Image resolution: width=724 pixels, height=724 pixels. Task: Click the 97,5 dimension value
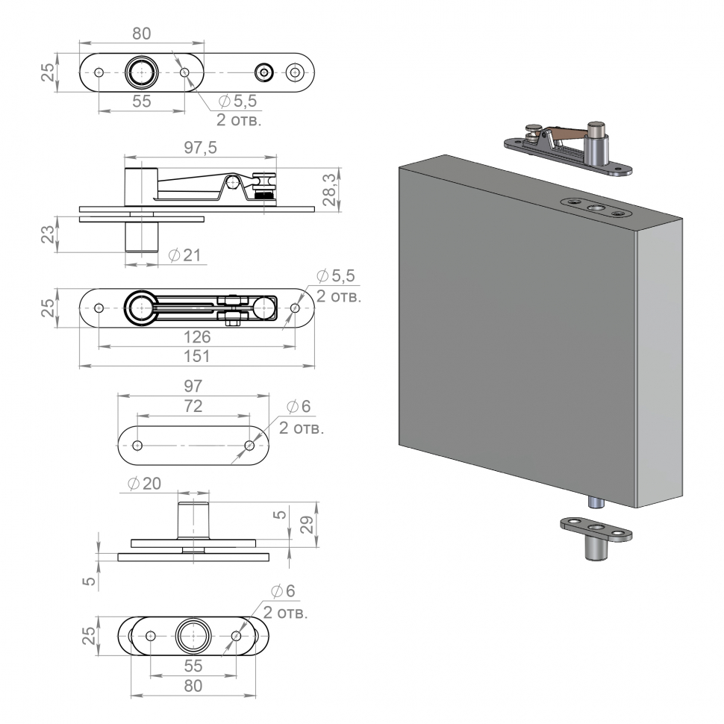tap(199, 148)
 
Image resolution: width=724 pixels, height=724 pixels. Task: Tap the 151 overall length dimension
tap(197, 356)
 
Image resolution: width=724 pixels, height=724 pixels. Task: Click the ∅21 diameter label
tap(184, 255)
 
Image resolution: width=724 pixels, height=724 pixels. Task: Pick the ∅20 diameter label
tap(143, 483)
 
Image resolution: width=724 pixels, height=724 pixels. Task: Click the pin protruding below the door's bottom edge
tap(597, 502)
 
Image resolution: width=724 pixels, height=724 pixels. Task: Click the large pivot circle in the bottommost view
tap(193, 636)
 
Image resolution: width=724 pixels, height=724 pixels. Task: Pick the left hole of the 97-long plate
tap(137, 445)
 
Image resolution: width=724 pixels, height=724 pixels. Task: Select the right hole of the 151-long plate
tap(296, 308)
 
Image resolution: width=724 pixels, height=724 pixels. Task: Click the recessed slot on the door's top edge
tap(595, 207)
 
